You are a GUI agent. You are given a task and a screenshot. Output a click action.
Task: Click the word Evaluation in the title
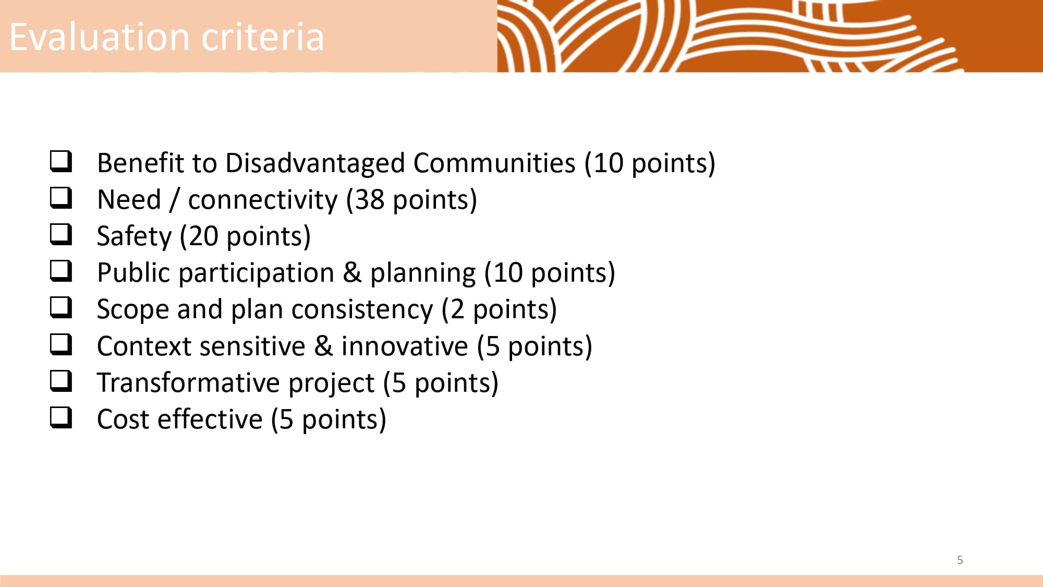pyautogui.click(x=100, y=37)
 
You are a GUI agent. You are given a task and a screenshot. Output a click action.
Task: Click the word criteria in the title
pyautogui.click(x=263, y=37)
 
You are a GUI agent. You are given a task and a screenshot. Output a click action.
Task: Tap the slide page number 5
pyautogui.click(x=960, y=560)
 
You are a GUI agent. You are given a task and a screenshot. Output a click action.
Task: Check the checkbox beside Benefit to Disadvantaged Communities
pyautogui.click(x=61, y=161)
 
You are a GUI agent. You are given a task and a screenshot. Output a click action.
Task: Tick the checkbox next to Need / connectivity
pyautogui.click(x=61, y=198)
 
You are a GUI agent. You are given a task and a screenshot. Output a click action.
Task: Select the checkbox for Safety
pyautogui.click(x=61, y=234)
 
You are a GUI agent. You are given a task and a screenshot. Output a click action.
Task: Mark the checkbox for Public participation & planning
pyautogui.click(x=61, y=271)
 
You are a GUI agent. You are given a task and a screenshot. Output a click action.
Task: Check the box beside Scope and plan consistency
pyautogui.click(x=61, y=307)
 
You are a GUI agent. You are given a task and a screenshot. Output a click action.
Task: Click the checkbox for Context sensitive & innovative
pyautogui.click(x=61, y=344)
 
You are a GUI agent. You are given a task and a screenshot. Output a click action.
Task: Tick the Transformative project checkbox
pyautogui.click(x=61, y=381)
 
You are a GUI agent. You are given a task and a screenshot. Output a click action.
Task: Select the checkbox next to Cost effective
pyautogui.click(x=61, y=417)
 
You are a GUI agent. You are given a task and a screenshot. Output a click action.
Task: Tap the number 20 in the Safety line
pyautogui.click(x=203, y=236)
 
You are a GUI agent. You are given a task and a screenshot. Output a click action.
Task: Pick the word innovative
pyautogui.click(x=405, y=346)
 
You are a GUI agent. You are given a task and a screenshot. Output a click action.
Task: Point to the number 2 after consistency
pyautogui.click(x=457, y=310)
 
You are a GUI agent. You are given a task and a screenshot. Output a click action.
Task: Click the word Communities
pyautogui.click(x=494, y=163)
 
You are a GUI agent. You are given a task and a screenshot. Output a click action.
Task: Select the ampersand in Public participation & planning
pyautogui.click(x=352, y=273)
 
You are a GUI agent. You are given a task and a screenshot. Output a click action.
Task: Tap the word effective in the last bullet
pyautogui.click(x=210, y=420)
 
